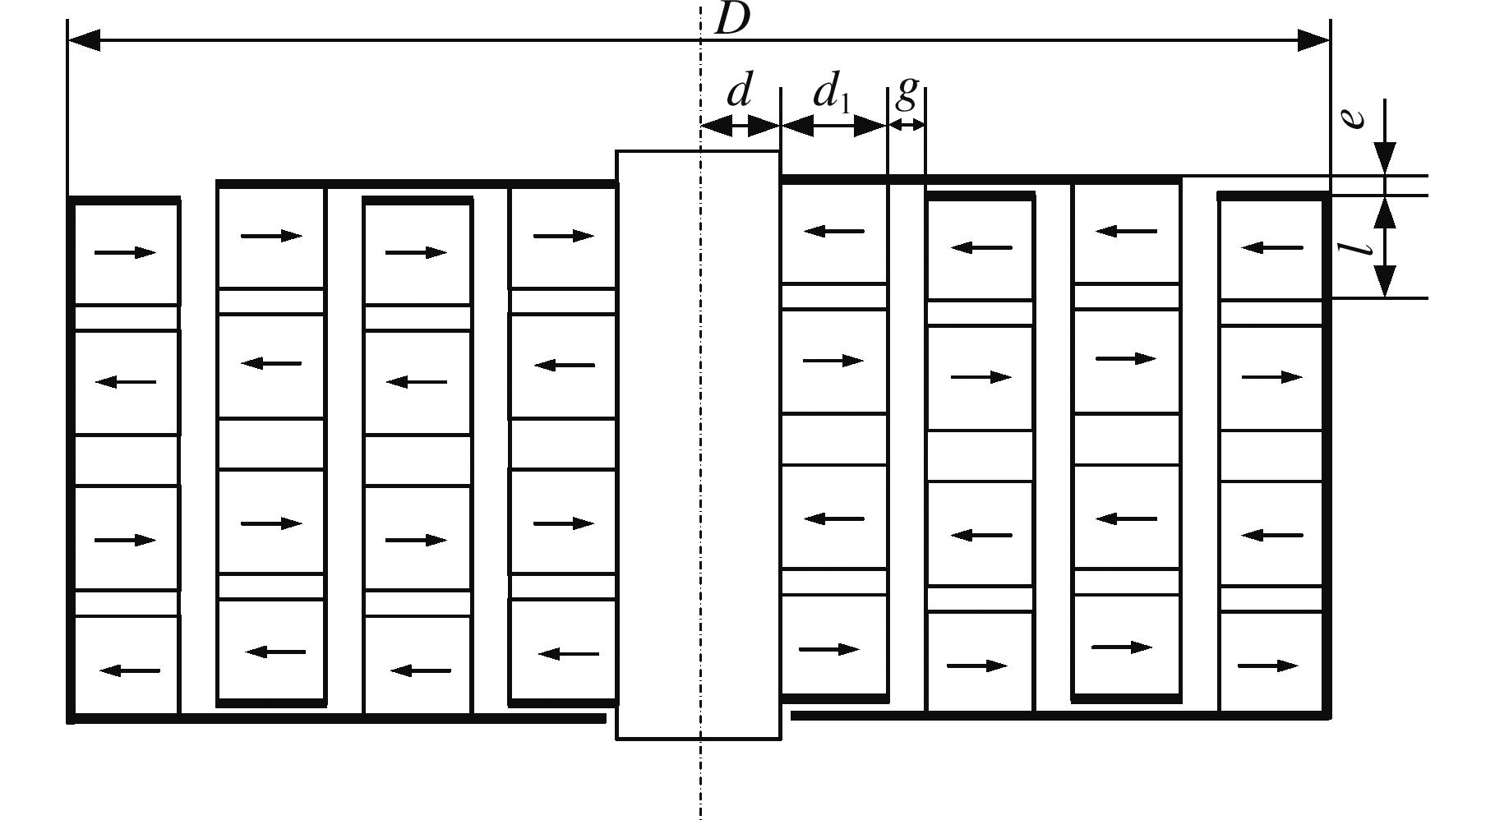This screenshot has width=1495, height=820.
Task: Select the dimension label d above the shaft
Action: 739,91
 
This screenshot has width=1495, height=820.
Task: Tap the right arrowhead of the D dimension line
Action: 1313,39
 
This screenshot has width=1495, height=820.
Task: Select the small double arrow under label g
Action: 907,126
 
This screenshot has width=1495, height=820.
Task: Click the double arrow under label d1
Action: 833,126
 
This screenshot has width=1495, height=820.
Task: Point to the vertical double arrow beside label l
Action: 1385,246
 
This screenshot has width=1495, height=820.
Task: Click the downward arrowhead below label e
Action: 1385,158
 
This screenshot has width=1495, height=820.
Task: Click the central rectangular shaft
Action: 698,444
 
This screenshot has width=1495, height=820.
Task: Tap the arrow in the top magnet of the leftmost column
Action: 125,252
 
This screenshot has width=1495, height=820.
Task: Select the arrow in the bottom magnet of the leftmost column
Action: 129,671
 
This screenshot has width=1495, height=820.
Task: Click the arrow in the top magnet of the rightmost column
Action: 1271,246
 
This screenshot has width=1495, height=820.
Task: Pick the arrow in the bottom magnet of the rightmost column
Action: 1268,666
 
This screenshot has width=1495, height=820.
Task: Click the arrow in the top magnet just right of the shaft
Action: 833,232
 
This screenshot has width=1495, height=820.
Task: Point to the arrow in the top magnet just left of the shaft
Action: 563,237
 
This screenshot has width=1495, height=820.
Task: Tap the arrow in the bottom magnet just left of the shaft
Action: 568,654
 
